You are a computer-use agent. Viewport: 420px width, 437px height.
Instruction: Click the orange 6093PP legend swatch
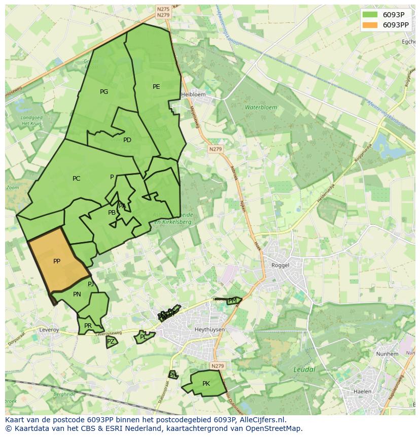[x=370, y=25]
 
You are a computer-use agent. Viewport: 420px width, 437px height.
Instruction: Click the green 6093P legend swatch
[x=370, y=15]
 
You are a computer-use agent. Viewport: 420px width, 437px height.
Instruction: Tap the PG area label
[x=104, y=92]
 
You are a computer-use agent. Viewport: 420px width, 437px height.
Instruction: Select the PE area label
[x=156, y=87]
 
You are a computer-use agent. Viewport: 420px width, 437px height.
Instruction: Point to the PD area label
[x=127, y=140]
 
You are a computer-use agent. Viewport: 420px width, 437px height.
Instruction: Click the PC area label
[x=76, y=179]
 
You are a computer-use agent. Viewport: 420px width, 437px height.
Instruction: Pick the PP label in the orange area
[x=57, y=261]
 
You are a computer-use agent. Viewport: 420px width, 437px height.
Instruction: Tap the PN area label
[x=77, y=294]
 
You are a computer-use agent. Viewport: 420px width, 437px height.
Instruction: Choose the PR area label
[x=88, y=326]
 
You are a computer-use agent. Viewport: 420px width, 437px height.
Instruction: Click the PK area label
[x=206, y=384]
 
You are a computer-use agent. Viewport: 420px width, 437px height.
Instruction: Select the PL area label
[x=143, y=337]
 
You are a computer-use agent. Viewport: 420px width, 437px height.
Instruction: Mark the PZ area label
[x=111, y=342]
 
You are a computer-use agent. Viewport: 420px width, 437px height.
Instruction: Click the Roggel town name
[x=280, y=265]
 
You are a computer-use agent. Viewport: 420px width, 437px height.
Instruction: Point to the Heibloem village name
[x=193, y=94]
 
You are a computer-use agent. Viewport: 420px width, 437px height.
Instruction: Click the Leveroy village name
[x=49, y=330]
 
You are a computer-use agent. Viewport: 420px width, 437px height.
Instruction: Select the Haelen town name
[x=362, y=392]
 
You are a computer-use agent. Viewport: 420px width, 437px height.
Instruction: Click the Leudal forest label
[x=304, y=369]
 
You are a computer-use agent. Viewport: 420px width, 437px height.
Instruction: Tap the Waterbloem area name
[x=261, y=108]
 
